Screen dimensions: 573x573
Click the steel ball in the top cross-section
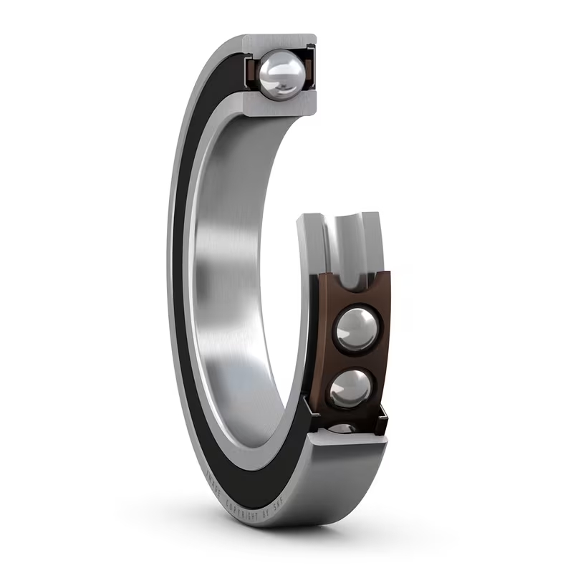click(x=281, y=74)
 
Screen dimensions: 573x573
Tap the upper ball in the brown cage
click(x=356, y=329)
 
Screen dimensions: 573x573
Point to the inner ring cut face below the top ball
click(x=279, y=105)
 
